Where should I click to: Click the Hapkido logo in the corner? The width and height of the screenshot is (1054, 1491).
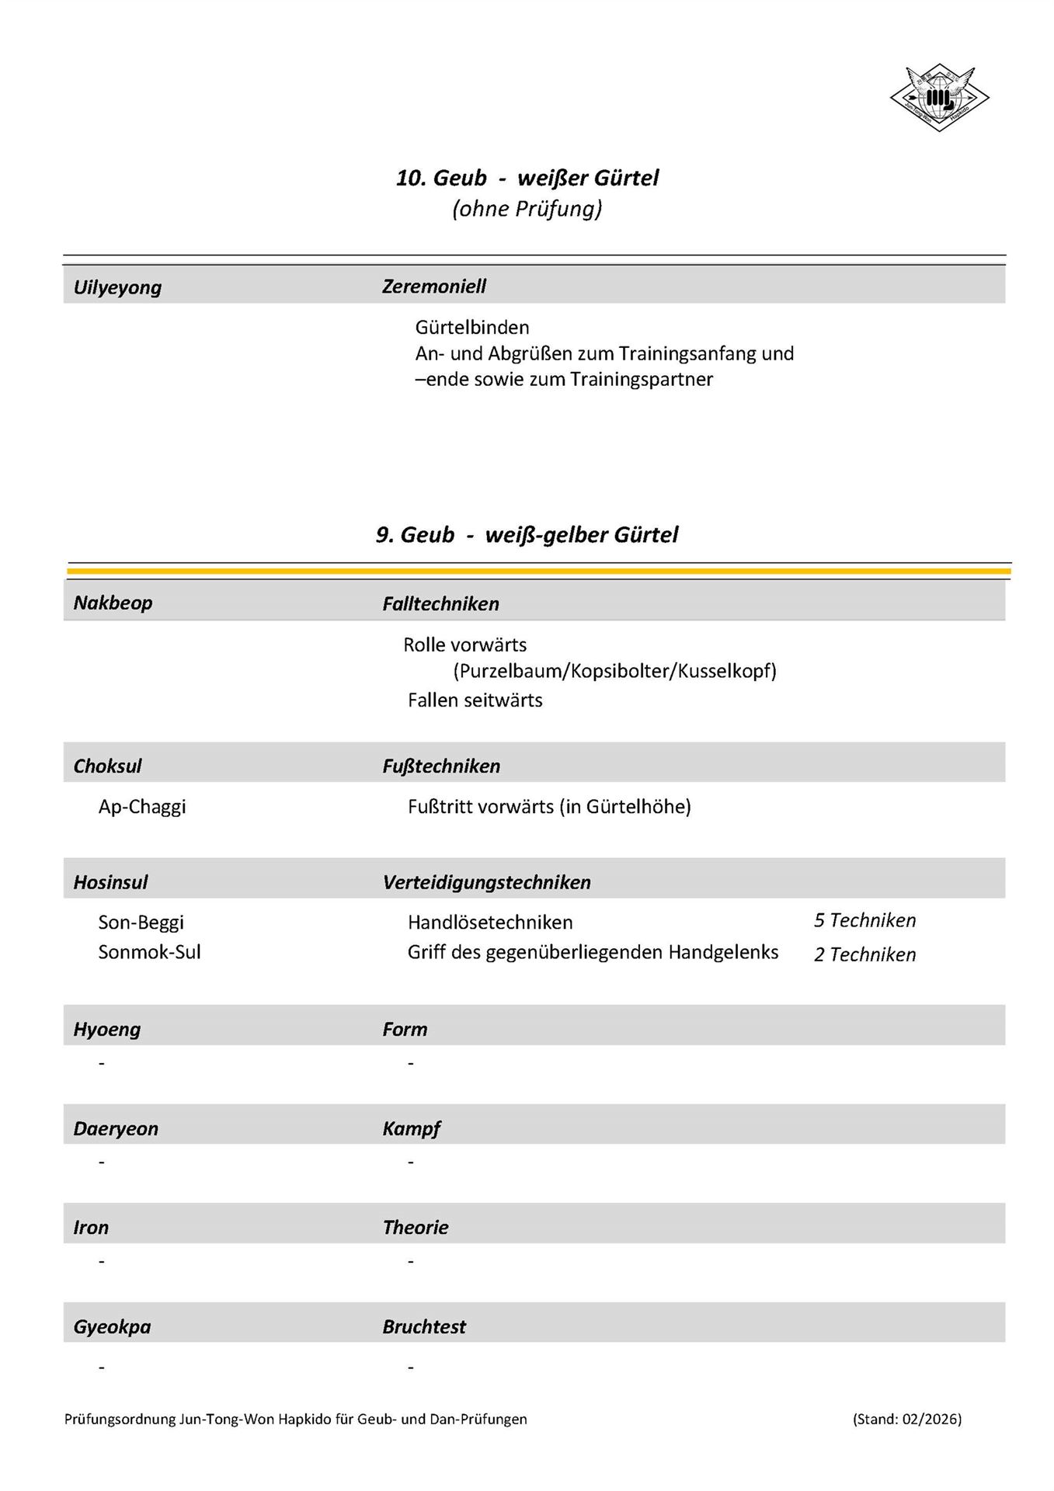pos(939,98)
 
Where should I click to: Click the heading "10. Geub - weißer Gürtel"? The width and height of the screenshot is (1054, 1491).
pos(527,178)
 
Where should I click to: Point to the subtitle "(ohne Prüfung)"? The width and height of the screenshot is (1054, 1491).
pos(527,209)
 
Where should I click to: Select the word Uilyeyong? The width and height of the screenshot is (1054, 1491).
pos(117,287)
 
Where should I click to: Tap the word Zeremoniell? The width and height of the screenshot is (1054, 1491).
pos(433,287)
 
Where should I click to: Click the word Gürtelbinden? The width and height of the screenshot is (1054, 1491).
pos(471,327)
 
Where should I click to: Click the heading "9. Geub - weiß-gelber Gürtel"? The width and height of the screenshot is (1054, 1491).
pos(527,534)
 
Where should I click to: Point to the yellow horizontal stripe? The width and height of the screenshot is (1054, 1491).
pos(539,571)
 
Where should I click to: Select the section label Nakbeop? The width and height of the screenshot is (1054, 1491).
pos(113,603)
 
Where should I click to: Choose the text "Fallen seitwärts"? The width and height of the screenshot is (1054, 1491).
pos(475,700)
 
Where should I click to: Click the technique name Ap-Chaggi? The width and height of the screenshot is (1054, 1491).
pos(142,806)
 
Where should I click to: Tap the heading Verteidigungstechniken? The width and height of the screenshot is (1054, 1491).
pos(486,882)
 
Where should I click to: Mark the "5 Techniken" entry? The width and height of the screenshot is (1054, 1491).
pos(864,920)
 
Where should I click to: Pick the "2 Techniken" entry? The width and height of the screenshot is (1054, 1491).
pos(864,954)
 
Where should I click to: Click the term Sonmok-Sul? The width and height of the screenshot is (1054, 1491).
pos(149,952)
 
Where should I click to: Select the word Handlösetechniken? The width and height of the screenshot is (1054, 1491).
pos(490,923)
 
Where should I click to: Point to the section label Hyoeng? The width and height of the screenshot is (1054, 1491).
pos(107,1029)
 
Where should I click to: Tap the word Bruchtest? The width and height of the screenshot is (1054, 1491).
pos(424,1326)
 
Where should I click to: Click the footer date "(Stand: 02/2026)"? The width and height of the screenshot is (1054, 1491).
pos(906,1419)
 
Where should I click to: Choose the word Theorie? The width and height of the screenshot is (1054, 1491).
pos(415,1227)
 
